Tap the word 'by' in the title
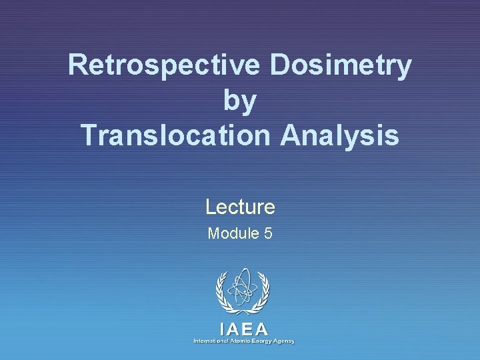(240, 101)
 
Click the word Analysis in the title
(339, 135)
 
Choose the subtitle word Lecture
(240, 207)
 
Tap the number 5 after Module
(267, 233)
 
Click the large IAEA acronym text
(243, 329)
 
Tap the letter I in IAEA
(222, 329)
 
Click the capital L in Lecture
(209, 207)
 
